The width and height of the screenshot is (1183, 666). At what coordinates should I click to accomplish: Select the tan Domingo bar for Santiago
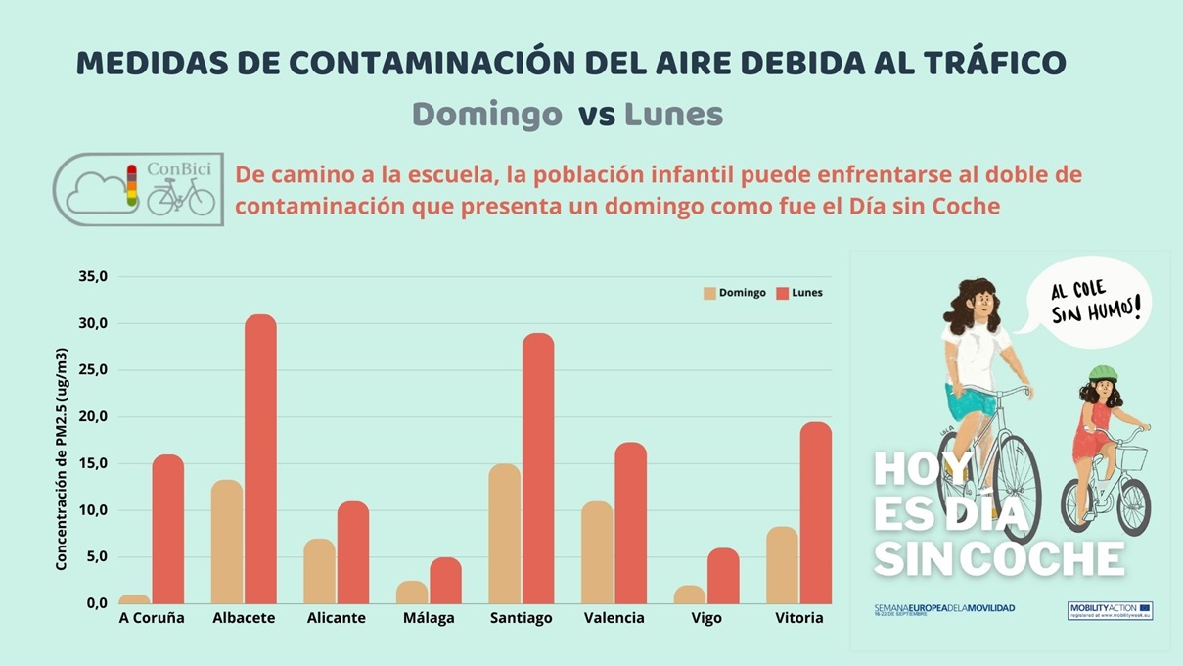coord(504,533)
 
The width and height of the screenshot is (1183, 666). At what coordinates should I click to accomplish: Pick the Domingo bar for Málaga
coord(412,592)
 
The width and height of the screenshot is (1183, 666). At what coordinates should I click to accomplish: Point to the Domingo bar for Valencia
coord(597,552)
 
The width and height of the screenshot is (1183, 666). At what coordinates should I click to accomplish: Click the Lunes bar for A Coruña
coord(167,529)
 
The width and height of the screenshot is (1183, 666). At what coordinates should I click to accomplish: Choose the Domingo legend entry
coord(734,293)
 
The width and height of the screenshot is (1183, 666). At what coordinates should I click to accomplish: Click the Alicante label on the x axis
coord(336,618)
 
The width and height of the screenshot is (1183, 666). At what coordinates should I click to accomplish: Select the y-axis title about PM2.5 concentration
coord(61,458)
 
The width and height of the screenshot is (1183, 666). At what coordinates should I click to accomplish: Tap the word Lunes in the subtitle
coord(673,115)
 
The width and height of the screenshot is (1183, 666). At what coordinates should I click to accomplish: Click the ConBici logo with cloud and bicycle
coord(138,189)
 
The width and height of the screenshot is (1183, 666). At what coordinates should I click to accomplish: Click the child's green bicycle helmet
coord(1103,373)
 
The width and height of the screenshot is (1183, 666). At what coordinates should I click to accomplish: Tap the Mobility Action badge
coord(1110,610)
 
